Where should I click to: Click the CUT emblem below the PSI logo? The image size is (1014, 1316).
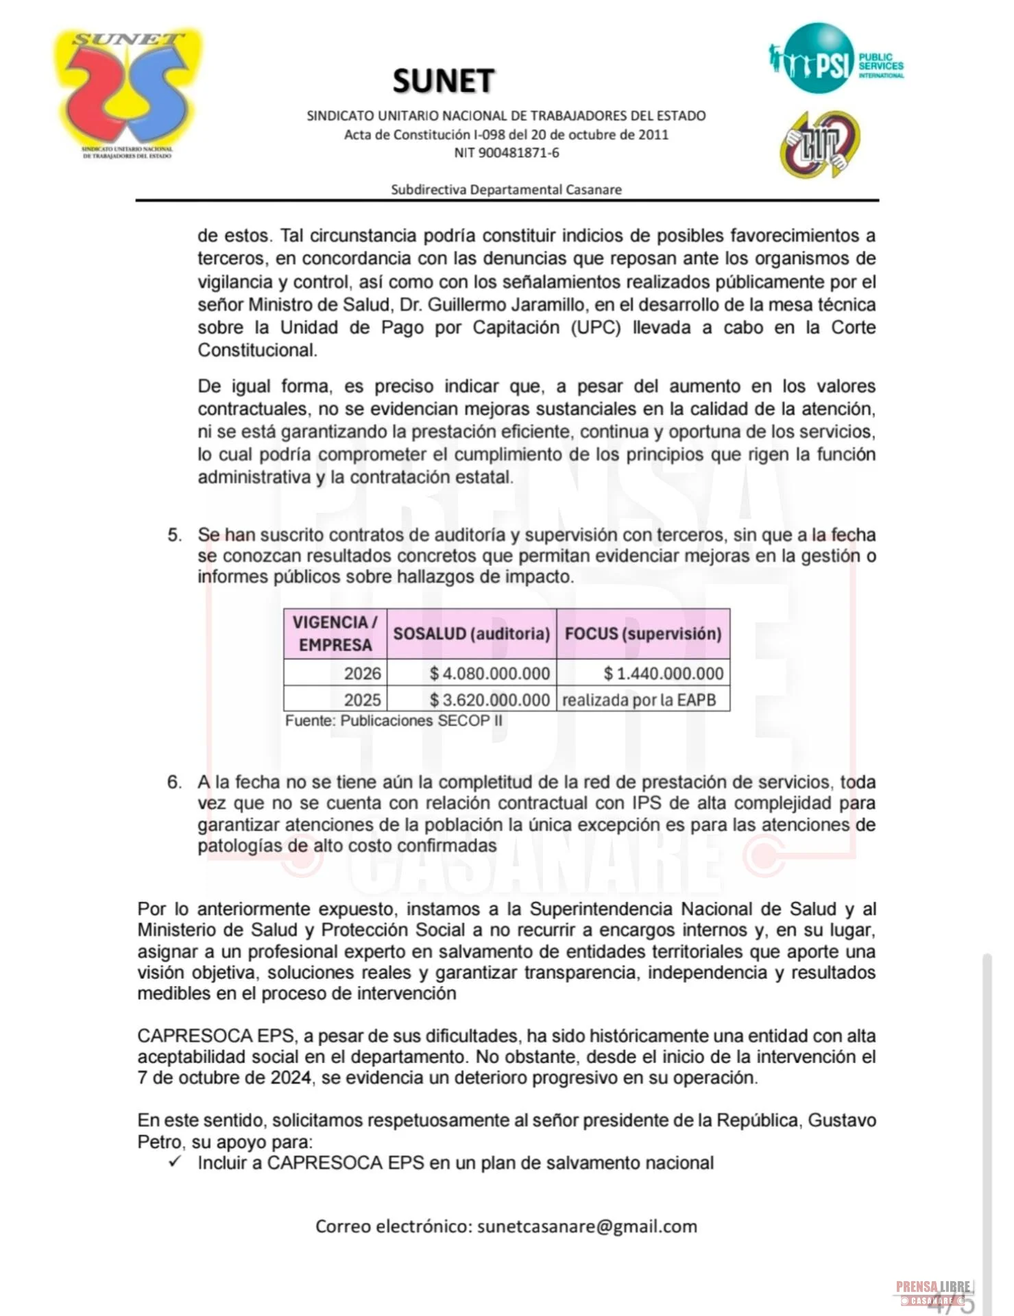coord(820,145)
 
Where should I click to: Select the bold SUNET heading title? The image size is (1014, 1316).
coord(444,81)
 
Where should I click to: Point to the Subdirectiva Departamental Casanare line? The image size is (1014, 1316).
coord(506,189)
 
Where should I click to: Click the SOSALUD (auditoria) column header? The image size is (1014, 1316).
coord(472,633)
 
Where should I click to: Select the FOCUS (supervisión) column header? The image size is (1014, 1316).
coord(643,633)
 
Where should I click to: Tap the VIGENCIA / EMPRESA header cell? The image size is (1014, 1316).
coord(335,633)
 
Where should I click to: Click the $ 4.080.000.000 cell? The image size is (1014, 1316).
coord(490,673)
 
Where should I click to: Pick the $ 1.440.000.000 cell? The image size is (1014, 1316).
coord(663,673)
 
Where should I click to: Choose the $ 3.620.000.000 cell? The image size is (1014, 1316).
coord(490,700)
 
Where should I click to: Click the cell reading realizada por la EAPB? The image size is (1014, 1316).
coord(639,700)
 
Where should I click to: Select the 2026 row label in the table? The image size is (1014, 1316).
coord(362,673)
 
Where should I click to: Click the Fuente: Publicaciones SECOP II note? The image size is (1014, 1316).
coord(394,721)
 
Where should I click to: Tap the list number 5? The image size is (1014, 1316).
coord(175,535)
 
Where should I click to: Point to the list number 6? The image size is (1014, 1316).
coord(175,782)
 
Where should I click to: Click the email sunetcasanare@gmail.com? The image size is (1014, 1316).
coord(587,1226)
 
